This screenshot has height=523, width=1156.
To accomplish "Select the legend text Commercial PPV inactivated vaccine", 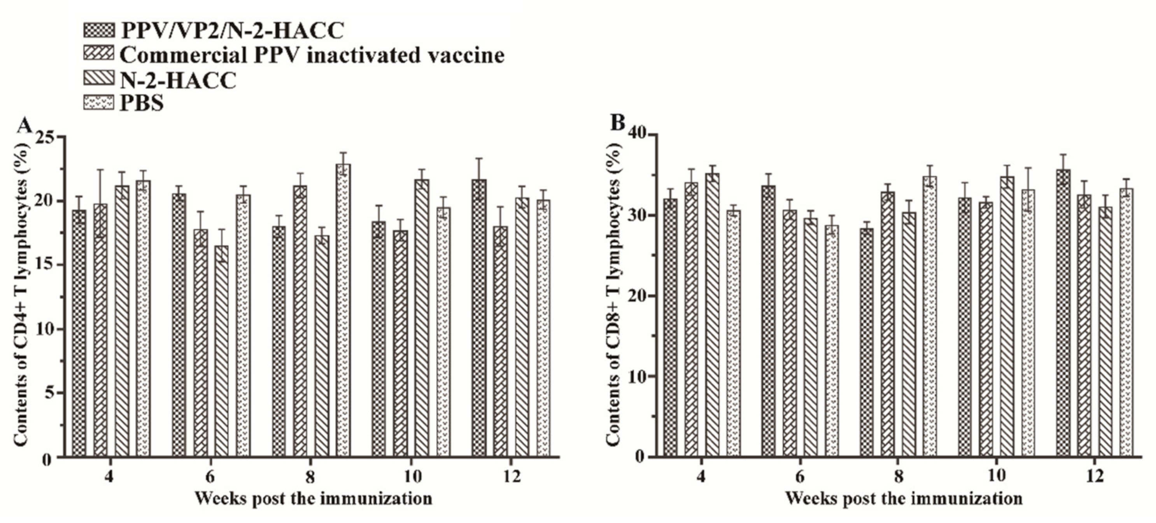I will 312,55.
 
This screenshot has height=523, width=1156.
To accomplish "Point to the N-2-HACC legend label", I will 178,81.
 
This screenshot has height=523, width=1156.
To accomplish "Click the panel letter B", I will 618,123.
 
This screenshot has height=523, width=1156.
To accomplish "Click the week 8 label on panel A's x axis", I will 310,476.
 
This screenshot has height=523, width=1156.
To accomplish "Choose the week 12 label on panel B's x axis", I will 1095,476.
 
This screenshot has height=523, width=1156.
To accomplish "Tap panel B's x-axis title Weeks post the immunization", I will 904,499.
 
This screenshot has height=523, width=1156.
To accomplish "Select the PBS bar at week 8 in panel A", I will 343,310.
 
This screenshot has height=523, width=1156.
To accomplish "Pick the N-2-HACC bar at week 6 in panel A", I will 221,350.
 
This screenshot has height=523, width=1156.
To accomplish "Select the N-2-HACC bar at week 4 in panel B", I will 712,314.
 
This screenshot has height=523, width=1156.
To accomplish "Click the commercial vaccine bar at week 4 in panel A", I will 100,330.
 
